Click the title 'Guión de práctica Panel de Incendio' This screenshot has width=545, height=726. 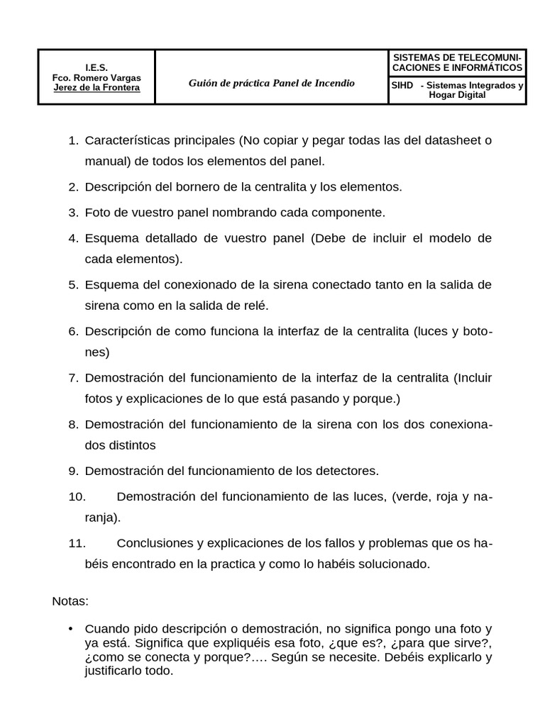(x=271, y=83)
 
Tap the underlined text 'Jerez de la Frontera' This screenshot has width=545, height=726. (x=97, y=88)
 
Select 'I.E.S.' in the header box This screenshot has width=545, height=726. (x=97, y=67)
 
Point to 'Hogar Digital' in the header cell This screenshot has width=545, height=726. (x=458, y=95)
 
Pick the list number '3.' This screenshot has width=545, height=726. (x=73, y=213)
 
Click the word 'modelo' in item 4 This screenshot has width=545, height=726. (x=456, y=238)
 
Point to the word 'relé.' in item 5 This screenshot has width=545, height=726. (x=255, y=306)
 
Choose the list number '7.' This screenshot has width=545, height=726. (x=73, y=377)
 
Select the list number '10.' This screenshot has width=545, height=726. (x=77, y=497)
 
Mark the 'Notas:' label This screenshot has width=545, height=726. (x=70, y=601)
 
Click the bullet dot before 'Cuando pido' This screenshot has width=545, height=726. (x=70, y=629)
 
